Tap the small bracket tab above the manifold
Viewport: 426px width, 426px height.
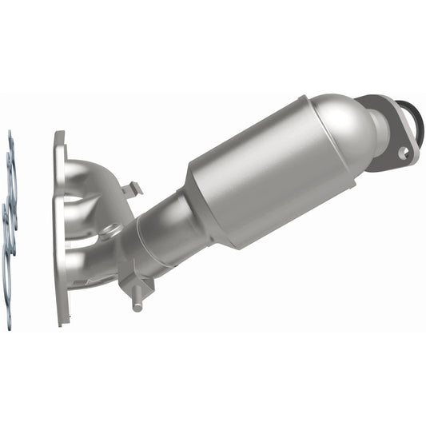pos(132,190)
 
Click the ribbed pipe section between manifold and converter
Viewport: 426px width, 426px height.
pos(156,240)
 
